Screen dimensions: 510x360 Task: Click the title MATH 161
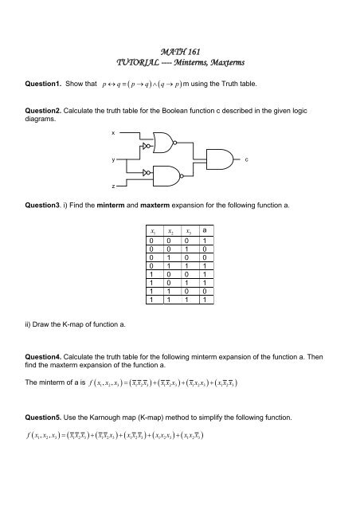(x=179, y=49)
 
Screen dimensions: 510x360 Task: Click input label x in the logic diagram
(x=113, y=132)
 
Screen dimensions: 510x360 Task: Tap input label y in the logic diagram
(x=113, y=160)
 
